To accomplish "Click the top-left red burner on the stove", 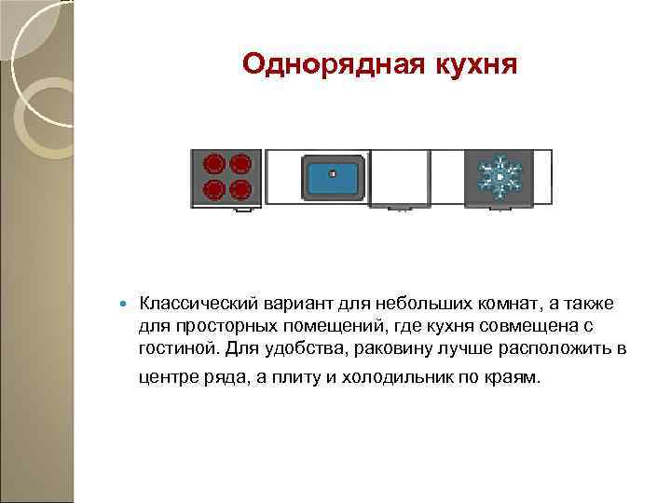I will pyautogui.click(x=213, y=164).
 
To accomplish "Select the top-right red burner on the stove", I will pyautogui.click(x=240, y=164).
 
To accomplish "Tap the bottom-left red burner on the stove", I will pyautogui.click(x=213, y=190).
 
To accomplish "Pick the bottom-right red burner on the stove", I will pyautogui.click(x=240, y=190).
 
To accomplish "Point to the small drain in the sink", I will pyautogui.click(x=331, y=172).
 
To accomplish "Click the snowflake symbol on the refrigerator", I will pyautogui.click(x=499, y=176).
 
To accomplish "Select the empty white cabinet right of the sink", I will pyautogui.click(x=400, y=177).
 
